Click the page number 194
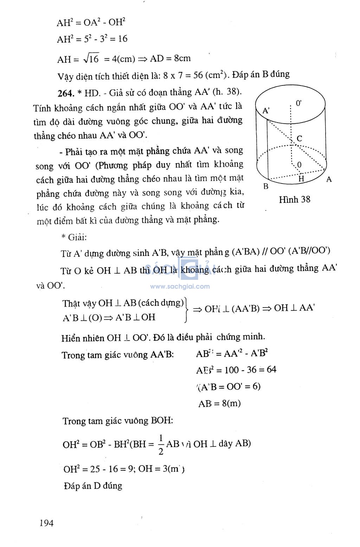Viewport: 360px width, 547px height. (46, 523)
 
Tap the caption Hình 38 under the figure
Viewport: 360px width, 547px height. (294, 200)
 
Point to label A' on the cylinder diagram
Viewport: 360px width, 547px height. (266, 111)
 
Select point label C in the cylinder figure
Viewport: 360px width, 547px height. (299, 139)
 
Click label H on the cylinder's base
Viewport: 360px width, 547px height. (301, 179)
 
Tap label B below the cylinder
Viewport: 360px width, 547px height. (266, 186)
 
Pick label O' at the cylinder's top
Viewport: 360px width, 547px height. (298, 103)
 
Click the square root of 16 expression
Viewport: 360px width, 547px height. (91, 59)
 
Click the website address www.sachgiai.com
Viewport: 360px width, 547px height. (180, 287)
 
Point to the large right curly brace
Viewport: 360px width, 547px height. (186, 310)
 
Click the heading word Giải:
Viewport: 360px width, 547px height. (77, 237)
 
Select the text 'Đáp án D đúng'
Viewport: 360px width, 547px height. (93, 486)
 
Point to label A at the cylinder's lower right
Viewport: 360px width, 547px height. (329, 180)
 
